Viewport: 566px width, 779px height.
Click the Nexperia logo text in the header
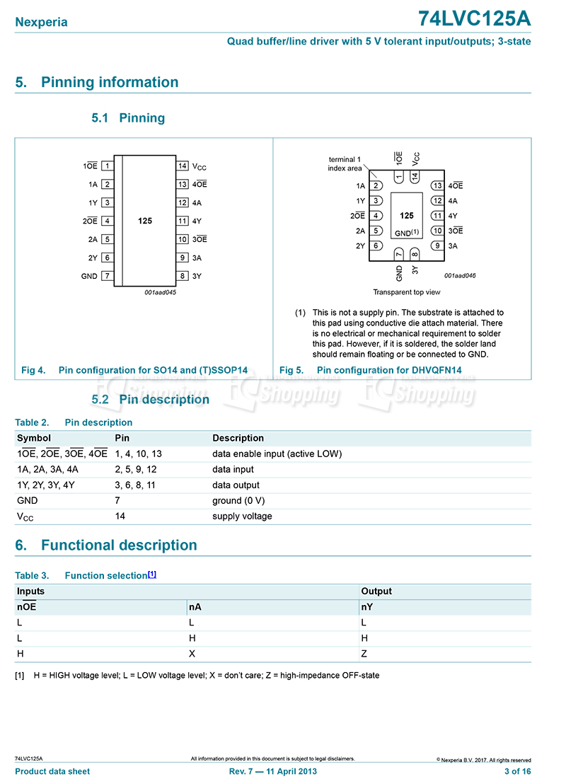click(x=42, y=22)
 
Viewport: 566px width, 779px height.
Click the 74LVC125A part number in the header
click(x=474, y=19)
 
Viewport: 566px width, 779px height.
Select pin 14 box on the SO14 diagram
click(x=183, y=166)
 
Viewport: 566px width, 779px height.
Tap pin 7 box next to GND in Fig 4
click(x=107, y=276)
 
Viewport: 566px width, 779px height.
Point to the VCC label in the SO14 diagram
click(x=200, y=167)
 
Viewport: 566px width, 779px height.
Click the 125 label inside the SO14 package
click(x=145, y=221)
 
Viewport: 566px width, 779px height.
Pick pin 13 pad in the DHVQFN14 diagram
click(x=437, y=186)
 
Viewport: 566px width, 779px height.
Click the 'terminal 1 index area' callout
click(x=345, y=164)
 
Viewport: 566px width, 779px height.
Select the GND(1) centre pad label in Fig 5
click(x=407, y=232)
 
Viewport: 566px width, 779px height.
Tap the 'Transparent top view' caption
click(x=407, y=292)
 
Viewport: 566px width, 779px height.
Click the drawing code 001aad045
click(x=160, y=292)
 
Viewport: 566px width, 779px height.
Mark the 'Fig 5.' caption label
click(x=291, y=370)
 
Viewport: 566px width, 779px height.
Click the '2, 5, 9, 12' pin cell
click(x=135, y=469)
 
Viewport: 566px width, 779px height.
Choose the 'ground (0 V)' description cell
click(x=238, y=500)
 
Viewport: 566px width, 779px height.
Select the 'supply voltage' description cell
click(x=242, y=516)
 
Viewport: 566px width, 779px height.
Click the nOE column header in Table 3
click(x=26, y=607)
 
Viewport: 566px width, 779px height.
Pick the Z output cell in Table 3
click(x=364, y=654)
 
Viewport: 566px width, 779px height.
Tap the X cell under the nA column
click(x=192, y=654)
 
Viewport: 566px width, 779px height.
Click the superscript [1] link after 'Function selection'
click(x=152, y=575)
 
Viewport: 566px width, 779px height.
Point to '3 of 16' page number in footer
click(x=517, y=771)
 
